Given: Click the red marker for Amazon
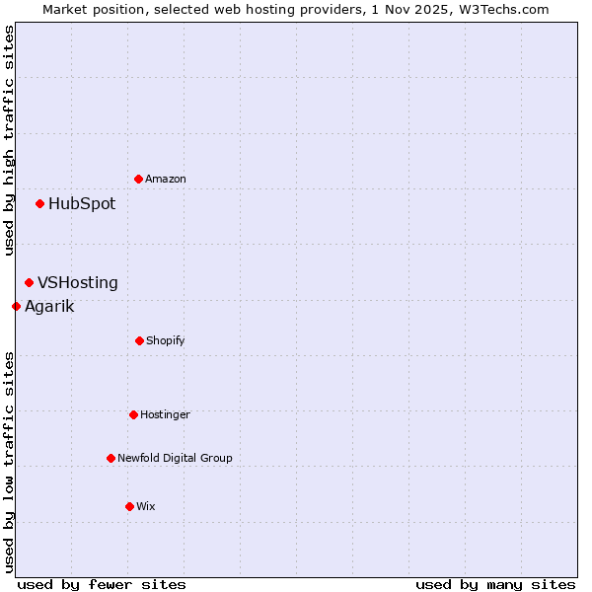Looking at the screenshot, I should tap(138, 179).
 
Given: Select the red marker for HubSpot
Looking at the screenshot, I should tap(39, 204).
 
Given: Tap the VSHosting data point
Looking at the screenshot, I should tap(29, 283).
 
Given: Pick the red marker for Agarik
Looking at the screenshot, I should tap(16, 306).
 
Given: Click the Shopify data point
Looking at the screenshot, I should tap(139, 340).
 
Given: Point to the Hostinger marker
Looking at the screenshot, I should tap(133, 414).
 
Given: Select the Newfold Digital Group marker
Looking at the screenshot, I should tap(111, 458).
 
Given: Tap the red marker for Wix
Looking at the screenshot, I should tap(129, 506).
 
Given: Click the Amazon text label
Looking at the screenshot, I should tap(166, 179).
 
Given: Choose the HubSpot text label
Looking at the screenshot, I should tap(82, 204).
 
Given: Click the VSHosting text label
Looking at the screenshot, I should tap(78, 283).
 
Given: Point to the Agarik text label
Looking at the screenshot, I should tap(49, 306).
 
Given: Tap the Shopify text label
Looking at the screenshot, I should tap(166, 340).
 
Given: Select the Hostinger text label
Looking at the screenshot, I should tap(165, 414).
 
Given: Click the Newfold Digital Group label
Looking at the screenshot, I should tap(176, 458).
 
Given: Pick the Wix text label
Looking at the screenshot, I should tap(146, 506).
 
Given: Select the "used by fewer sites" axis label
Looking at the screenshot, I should tap(102, 584).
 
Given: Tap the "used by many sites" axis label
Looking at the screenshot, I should tap(495, 584).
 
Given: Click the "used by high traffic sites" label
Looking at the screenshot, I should tap(9, 140).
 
